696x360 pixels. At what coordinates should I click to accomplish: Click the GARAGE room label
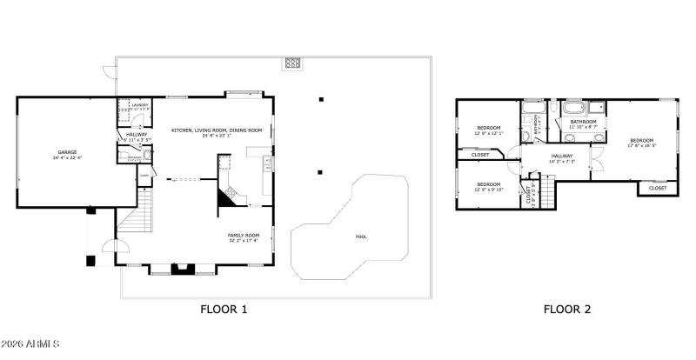click(67, 152)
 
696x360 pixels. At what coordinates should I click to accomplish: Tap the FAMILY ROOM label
click(244, 236)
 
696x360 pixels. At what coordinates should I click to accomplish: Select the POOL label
click(361, 237)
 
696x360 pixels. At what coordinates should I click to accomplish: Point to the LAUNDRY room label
click(139, 105)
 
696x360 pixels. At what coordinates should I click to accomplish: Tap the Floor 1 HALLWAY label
click(137, 135)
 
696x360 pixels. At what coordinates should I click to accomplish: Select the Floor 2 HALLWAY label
click(561, 157)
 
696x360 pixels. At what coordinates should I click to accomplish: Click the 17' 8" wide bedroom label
click(641, 141)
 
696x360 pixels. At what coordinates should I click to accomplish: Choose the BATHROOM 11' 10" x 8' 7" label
click(582, 123)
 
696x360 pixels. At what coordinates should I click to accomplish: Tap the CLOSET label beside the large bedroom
click(658, 188)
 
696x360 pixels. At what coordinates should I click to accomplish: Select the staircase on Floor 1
click(136, 228)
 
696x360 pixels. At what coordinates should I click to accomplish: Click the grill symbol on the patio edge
click(291, 63)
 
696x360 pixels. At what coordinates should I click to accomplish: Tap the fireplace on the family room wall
click(183, 269)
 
